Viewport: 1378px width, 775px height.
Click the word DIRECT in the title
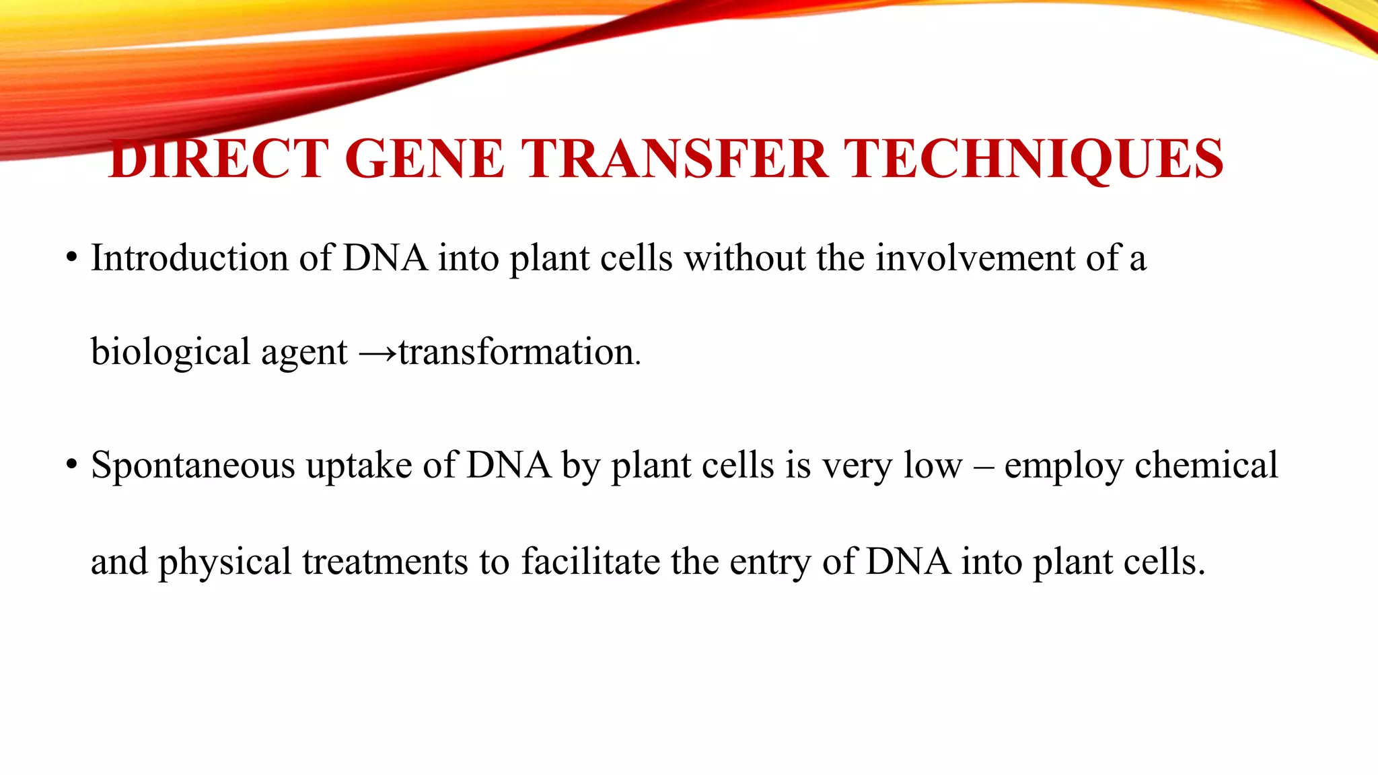coord(218,159)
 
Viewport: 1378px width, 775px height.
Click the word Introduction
coord(190,258)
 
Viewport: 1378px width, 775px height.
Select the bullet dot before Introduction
coord(71,258)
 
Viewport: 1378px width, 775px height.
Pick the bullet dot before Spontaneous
coord(71,466)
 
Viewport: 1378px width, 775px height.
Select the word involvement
coord(975,258)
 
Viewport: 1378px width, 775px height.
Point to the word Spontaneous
coord(192,466)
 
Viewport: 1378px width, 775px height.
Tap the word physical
coord(224,562)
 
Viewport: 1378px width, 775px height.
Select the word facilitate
coord(590,561)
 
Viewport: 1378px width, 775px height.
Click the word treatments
coord(385,562)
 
